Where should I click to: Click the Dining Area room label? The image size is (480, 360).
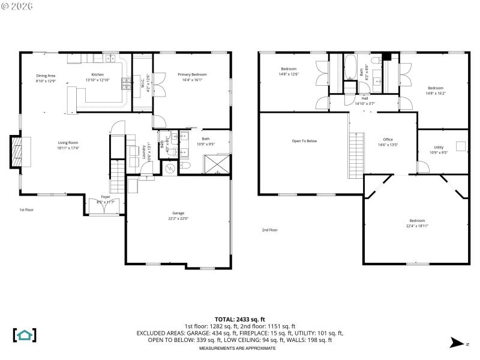(46, 75)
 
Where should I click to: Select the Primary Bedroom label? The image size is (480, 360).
(192, 75)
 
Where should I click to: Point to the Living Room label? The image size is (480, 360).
(68, 142)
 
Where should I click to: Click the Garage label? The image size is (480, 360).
(178, 213)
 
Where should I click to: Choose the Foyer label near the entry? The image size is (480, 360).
(105, 196)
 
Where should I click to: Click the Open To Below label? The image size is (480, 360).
(304, 141)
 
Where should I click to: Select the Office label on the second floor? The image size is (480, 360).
(388, 140)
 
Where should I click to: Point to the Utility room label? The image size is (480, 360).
(439, 147)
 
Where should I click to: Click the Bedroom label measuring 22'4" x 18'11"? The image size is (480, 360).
(416, 220)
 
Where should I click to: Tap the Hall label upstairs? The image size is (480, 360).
(364, 98)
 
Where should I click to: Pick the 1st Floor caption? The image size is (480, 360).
(26, 210)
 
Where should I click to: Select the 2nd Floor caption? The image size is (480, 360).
(269, 230)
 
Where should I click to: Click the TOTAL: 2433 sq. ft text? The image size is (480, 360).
(239, 319)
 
